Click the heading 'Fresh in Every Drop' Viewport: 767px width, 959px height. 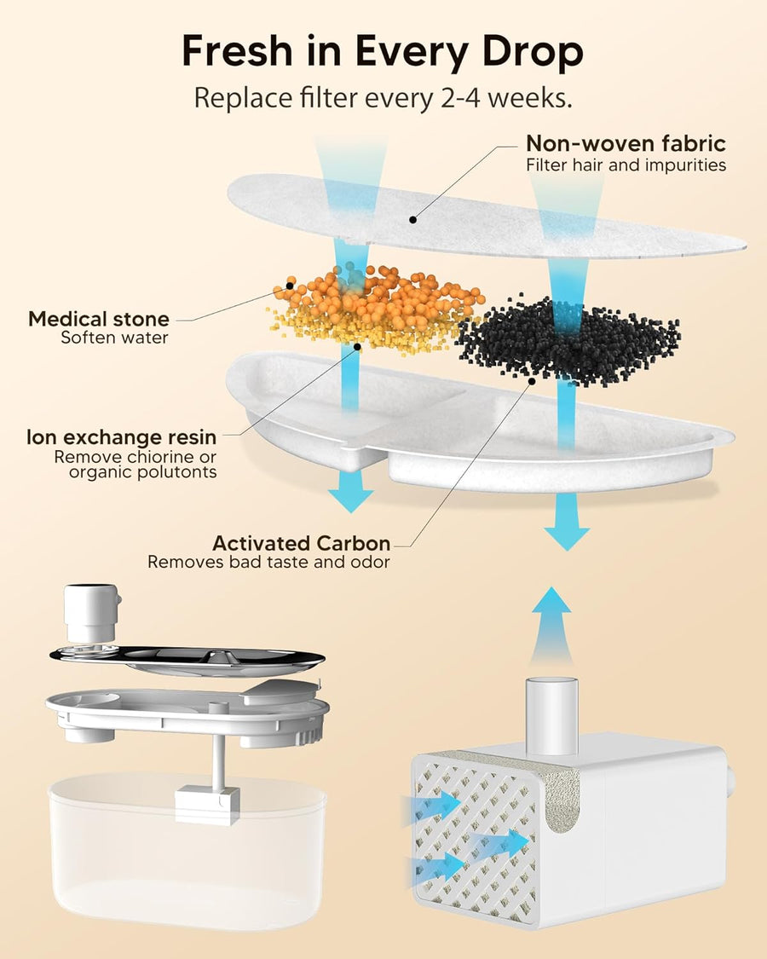click(x=383, y=53)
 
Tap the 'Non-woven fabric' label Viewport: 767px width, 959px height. click(x=626, y=142)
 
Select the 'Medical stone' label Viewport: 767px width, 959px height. click(x=99, y=320)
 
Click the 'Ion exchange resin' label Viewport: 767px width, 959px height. click(x=121, y=437)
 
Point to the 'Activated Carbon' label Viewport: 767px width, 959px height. click(x=302, y=543)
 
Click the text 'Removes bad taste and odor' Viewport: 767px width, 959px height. click(x=268, y=563)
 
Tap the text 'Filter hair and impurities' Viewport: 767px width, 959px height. click(x=626, y=165)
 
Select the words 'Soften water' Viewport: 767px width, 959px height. click(x=115, y=338)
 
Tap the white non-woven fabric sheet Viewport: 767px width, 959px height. click(x=477, y=213)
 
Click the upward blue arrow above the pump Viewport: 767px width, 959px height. click(x=557, y=618)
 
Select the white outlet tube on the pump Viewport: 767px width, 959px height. click(x=552, y=703)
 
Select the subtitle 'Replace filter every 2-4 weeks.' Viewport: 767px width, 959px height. click(x=383, y=96)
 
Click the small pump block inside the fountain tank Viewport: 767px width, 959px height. click(x=207, y=803)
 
